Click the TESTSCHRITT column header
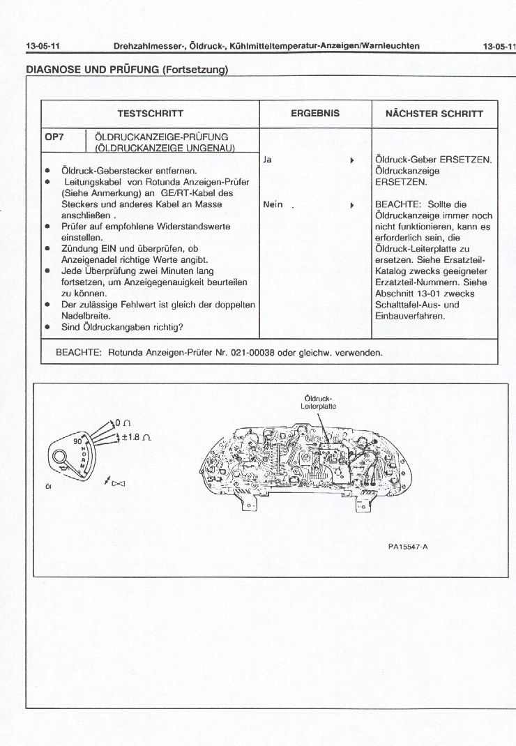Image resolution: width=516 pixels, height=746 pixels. tap(150, 114)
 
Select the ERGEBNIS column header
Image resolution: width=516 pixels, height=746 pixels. tap(315, 113)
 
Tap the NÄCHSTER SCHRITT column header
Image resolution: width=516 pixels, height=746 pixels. tap(434, 114)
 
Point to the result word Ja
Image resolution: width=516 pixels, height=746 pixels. tap(268, 160)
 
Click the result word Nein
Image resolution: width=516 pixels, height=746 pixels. tap(273, 205)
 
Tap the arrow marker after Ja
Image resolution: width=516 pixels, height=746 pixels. tap(352, 160)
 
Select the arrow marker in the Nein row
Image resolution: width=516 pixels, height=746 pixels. tap(352, 206)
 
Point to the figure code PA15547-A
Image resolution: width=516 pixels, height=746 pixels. tap(407, 546)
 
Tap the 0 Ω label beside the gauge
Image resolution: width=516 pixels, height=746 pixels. tap(123, 422)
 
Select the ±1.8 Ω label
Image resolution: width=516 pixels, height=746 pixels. tap(137, 437)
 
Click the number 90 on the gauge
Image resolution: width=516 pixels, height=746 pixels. tap(78, 441)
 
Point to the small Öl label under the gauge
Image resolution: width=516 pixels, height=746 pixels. tap(48, 487)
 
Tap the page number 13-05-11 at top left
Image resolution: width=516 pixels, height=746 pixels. tap(43, 46)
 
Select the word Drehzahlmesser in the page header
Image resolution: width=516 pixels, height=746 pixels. tap(145, 46)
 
